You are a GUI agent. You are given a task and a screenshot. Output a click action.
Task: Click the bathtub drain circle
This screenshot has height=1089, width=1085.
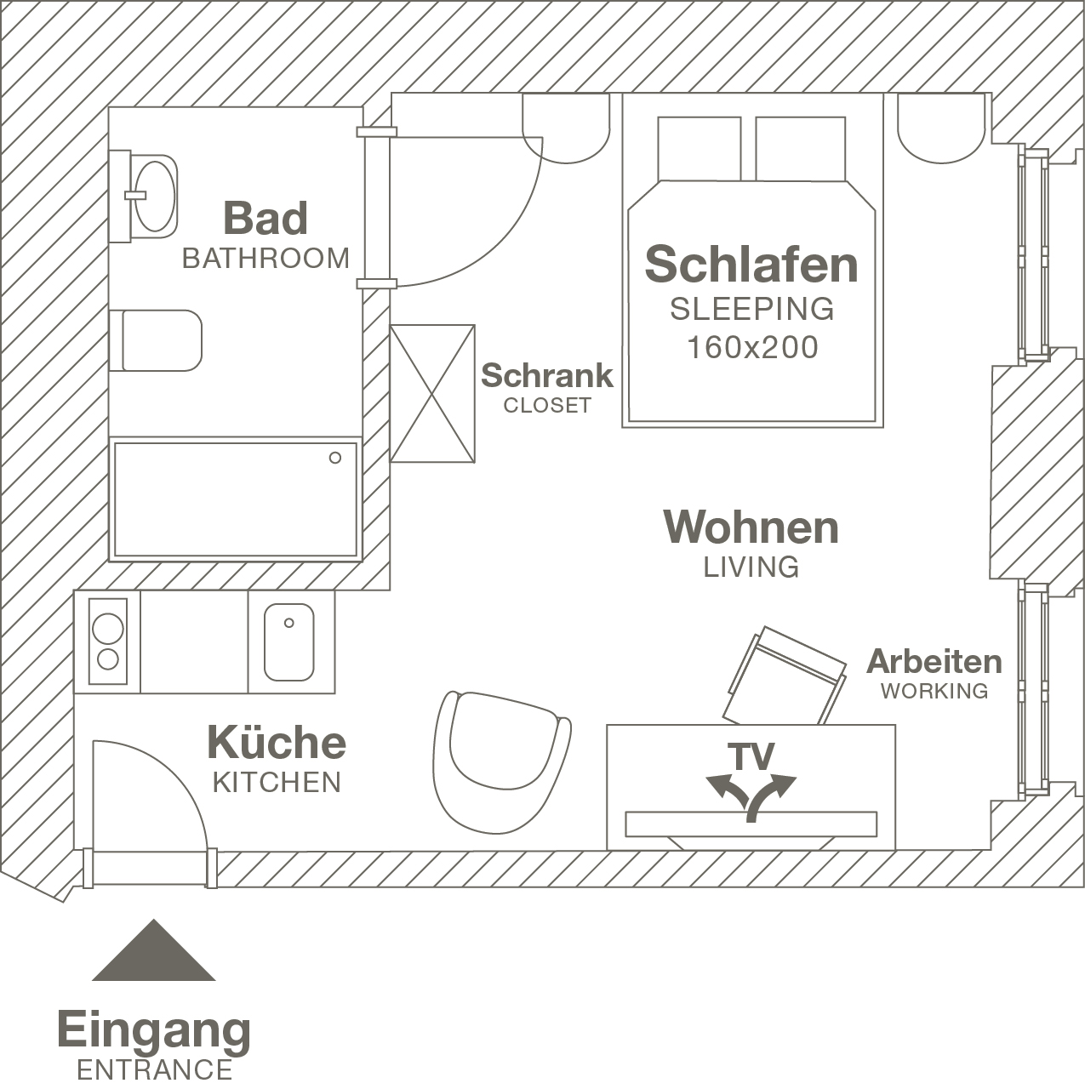[x=335, y=458]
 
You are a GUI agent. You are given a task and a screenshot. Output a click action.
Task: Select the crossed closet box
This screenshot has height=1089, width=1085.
[x=432, y=393]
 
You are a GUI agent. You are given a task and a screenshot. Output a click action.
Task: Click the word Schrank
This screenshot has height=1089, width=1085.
[x=546, y=376]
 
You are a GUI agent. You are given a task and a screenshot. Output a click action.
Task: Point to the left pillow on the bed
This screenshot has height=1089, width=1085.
[x=699, y=148]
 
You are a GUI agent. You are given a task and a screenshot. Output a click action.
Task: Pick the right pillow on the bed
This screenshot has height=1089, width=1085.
[x=801, y=148]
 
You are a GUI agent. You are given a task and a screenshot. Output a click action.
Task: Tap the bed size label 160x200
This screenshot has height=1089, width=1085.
[x=752, y=347]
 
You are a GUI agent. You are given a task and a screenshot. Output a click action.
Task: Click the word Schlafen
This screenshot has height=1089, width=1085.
[x=751, y=265]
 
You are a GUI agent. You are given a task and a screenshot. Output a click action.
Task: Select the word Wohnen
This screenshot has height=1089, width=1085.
[x=751, y=527]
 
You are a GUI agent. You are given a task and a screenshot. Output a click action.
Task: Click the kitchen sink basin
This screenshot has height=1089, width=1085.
[x=289, y=641]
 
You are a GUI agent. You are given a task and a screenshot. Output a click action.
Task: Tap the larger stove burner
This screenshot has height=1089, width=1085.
[x=108, y=628]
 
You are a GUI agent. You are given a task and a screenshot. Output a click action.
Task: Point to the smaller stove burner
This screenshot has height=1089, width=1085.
[x=108, y=659]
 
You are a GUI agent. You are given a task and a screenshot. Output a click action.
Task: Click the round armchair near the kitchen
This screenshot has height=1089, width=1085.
[x=501, y=761]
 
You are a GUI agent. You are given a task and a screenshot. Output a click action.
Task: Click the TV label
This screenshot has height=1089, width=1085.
[x=751, y=756]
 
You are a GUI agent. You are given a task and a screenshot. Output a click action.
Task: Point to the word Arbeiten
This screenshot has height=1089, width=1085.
[x=934, y=661]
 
